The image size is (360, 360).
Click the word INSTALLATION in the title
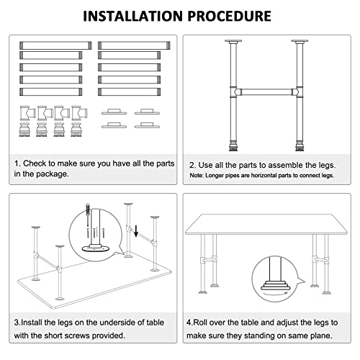coord(132,15)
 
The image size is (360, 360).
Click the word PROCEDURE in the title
coord(230,15)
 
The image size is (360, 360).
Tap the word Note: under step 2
coord(199,176)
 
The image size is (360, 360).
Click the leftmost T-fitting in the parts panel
coord(27,113)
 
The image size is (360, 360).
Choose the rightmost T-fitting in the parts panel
coord(76,113)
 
